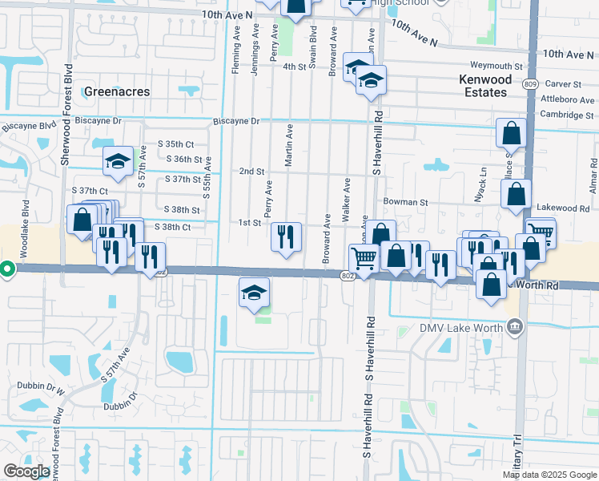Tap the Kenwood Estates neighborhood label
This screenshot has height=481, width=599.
483,86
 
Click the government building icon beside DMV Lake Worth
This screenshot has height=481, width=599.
515,327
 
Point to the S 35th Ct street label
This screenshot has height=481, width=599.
176,144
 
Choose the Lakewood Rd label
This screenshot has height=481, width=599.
563,208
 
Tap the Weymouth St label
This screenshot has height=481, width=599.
496,67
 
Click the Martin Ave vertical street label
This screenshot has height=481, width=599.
289,145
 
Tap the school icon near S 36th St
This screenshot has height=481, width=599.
118,162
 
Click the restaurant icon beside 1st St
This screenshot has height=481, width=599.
286,236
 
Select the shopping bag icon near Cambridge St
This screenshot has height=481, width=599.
511,132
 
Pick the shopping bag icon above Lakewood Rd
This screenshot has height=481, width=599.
517,193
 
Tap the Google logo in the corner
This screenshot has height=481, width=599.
26,471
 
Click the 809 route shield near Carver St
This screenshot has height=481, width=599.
534,83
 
